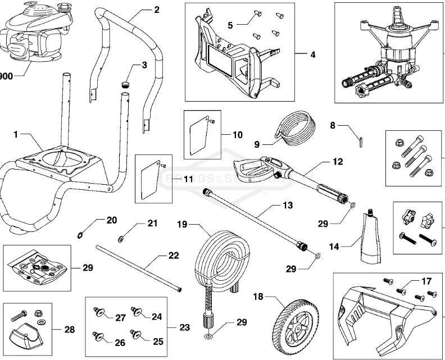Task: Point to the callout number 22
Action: pos(174,256)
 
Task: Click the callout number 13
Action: pos(287,206)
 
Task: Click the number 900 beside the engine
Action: pos(6,76)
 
